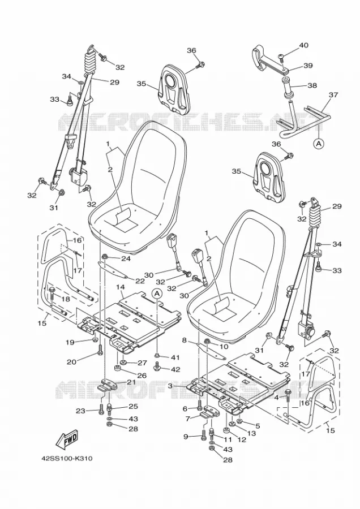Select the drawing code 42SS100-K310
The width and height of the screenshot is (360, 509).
pos(67,459)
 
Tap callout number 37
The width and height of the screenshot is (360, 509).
pos(333,95)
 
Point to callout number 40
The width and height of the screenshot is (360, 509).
pos(303,45)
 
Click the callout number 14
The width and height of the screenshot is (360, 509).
pos(120,287)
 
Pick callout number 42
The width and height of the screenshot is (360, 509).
pos(175,369)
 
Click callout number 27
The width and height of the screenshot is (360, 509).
pos(142,363)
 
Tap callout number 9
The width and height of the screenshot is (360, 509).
pos(186,437)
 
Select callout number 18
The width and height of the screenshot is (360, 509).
pos(66,299)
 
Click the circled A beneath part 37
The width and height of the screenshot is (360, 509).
pos(319,143)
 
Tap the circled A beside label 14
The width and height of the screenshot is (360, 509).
pos(157,294)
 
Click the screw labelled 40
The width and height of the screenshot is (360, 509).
pos(282,58)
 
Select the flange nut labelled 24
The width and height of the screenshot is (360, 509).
pos(105,258)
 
